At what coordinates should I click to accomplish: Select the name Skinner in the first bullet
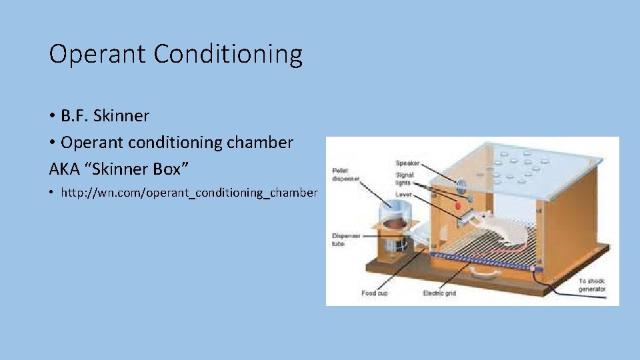tap(122, 116)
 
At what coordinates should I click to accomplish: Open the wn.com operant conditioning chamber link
tap(189, 193)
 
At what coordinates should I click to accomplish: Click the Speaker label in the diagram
tap(408, 163)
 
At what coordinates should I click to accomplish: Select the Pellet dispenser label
tap(345, 175)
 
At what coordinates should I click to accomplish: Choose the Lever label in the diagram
tap(403, 195)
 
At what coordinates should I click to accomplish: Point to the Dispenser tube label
tap(345, 240)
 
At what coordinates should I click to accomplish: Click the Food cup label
tap(374, 293)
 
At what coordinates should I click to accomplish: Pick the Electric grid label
tap(439, 293)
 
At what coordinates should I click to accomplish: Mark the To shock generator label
tap(592, 285)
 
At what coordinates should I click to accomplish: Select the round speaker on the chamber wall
tap(459, 182)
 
